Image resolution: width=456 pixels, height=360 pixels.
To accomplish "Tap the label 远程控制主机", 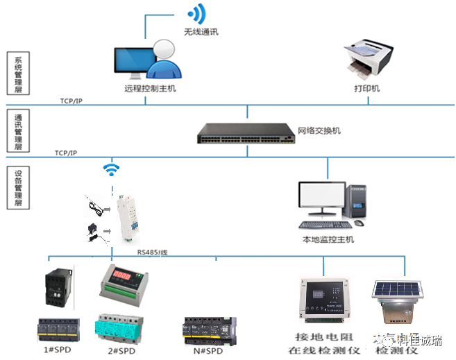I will pyautogui.click(x=145, y=88).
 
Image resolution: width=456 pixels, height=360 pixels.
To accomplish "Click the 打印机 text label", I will pyautogui.click(x=367, y=88).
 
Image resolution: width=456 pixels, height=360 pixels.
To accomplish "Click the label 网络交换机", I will pyautogui.click(x=319, y=130).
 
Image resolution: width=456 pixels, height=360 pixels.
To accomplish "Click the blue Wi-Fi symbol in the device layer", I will pyautogui.click(x=110, y=169).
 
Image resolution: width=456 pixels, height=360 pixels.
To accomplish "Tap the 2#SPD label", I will pyautogui.click(x=121, y=350).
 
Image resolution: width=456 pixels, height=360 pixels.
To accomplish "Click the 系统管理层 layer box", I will pyautogui.click(x=19, y=75).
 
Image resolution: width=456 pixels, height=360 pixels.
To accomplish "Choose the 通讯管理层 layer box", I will pyautogui.click(x=19, y=130).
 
